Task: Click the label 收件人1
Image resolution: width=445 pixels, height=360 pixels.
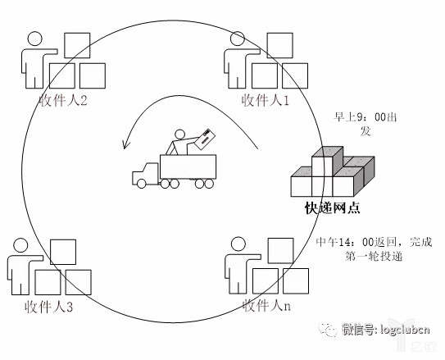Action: pos(265,100)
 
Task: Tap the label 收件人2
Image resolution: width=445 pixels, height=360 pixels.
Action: pos(63,100)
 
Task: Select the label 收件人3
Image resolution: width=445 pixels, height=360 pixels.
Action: pos(49,307)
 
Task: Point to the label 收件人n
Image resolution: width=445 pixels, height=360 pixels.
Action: pos(266,306)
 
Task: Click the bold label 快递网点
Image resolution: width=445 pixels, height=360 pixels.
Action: pos(333,207)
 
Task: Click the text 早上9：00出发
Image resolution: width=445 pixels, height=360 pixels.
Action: pos(365,124)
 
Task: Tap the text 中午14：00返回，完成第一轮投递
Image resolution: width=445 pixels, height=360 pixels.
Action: pos(374,249)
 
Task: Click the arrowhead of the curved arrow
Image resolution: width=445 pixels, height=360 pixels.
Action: pos(125,144)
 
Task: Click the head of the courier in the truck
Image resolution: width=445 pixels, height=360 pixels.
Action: pos(179,134)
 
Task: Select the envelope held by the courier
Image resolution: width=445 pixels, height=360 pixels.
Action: pos(204,139)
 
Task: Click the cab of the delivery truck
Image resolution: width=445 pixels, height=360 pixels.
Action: pos(145,174)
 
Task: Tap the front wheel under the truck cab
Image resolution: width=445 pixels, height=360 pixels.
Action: pos(141,184)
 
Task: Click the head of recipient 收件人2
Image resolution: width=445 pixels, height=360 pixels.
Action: pos(35,39)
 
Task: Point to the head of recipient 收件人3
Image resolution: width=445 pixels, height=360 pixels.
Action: pos(20,245)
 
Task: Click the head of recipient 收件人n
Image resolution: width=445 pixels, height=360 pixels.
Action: pos(238,244)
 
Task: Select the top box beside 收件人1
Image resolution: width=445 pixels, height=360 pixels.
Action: pos(279,45)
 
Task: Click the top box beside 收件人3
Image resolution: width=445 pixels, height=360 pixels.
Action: pos(63,252)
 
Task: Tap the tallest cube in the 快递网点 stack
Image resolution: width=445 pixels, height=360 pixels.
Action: pos(327,162)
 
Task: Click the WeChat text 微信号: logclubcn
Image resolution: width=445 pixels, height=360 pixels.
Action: pos(386,330)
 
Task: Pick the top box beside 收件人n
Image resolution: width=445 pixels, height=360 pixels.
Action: pos(280,251)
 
